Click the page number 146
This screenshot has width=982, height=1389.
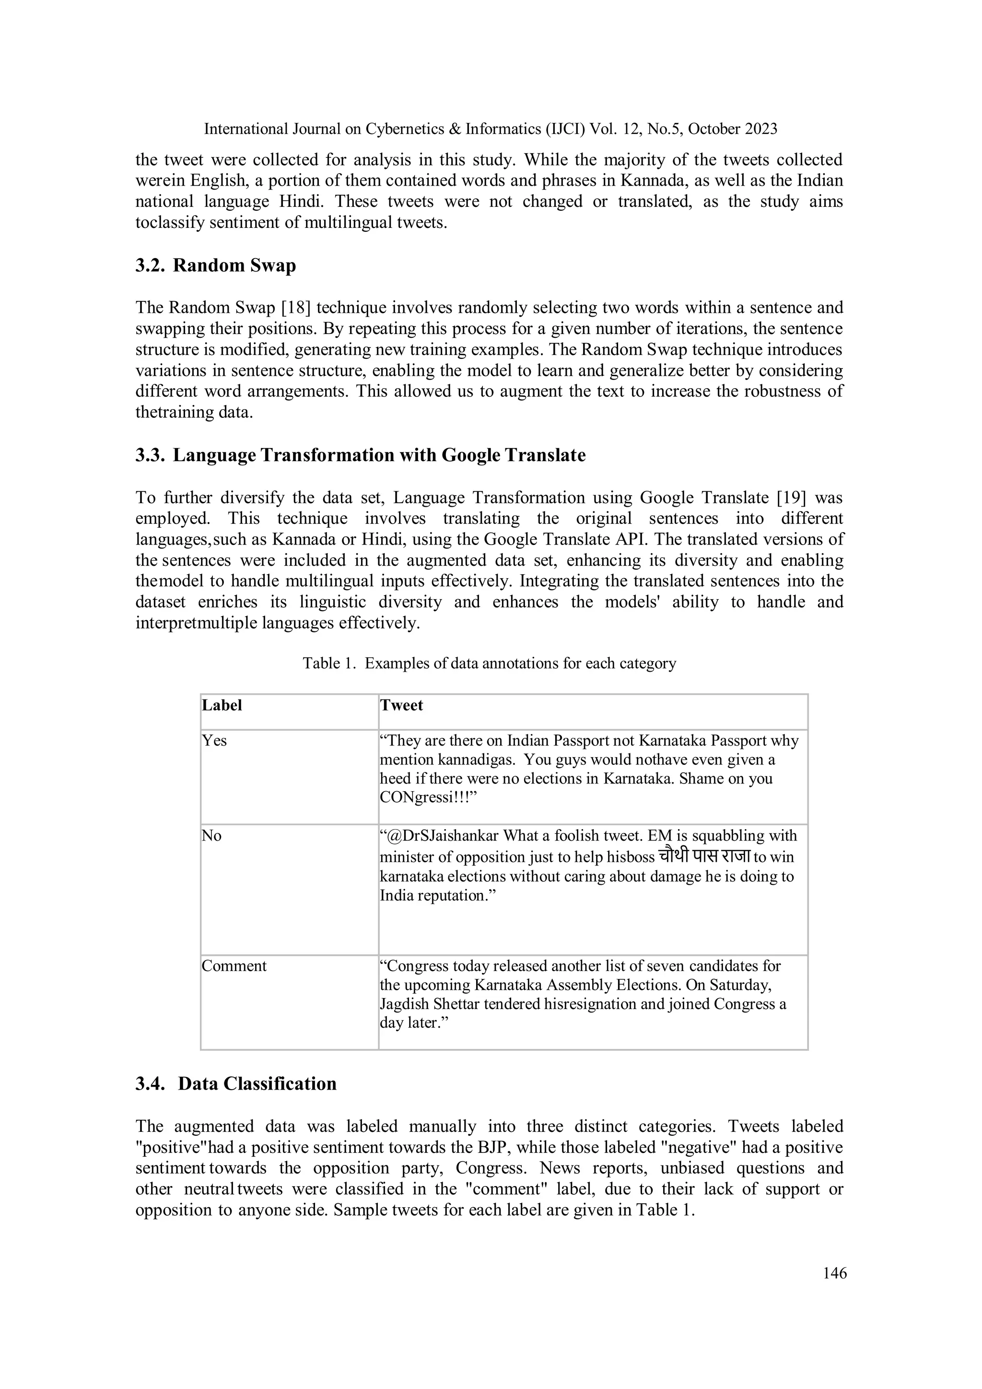click(834, 1273)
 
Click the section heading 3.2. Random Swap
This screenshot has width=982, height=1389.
click(216, 266)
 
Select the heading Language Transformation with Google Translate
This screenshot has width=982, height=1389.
click(379, 455)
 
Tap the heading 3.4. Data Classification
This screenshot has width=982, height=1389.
click(236, 1083)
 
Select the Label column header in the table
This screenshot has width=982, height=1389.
click(222, 705)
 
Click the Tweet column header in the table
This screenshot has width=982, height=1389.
click(401, 705)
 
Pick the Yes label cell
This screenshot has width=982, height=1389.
click(215, 740)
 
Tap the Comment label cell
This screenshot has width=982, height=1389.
click(234, 966)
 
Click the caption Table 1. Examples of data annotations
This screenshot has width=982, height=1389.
click(489, 664)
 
